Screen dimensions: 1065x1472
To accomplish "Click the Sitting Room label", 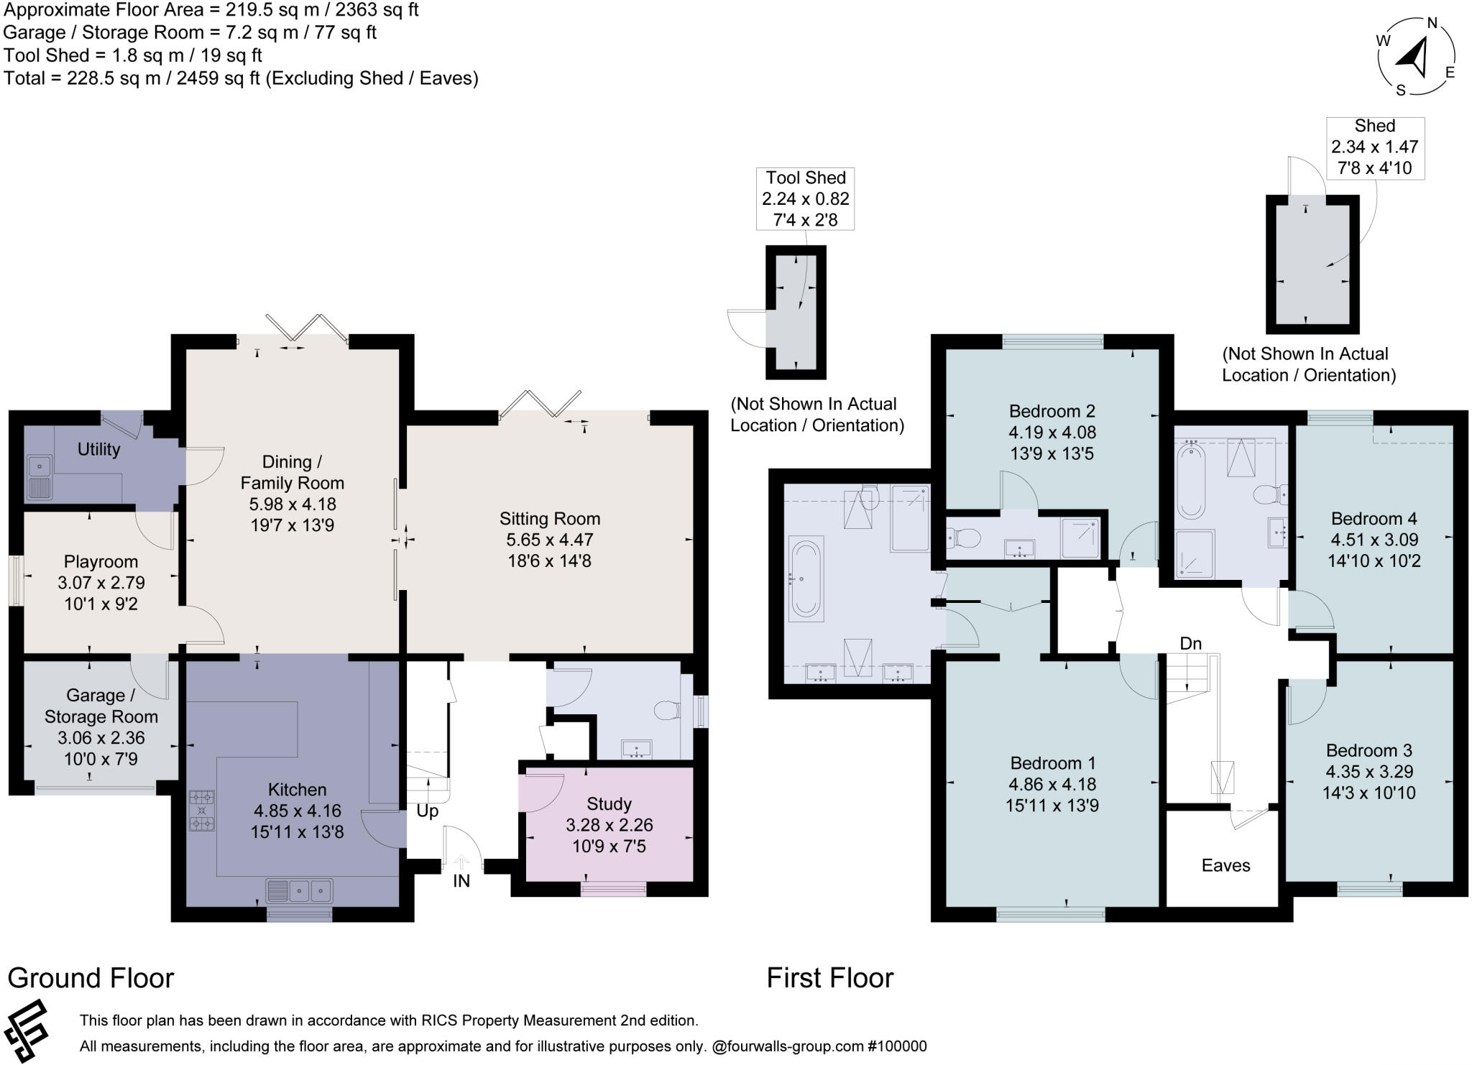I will click(x=550, y=518).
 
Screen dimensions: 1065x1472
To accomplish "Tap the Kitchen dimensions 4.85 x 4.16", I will click(x=297, y=811).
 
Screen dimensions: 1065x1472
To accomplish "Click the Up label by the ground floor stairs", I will click(x=428, y=811).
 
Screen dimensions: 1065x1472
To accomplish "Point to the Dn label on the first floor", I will click(x=1190, y=644).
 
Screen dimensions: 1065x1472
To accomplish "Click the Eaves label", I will click(x=1225, y=865).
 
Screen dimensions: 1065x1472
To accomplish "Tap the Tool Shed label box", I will click(x=805, y=199).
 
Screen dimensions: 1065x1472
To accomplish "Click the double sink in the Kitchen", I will click(x=300, y=891).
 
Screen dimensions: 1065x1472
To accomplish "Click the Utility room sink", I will click(x=38, y=477).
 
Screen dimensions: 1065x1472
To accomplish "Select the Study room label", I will click(x=609, y=803).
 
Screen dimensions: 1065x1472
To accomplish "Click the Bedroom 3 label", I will click(x=1368, y=751).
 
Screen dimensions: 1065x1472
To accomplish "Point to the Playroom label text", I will click(x=101, y=561).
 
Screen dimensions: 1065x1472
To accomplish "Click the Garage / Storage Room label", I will click(x=101, y=706).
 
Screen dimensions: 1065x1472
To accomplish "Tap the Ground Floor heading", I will click(x=91, y=978).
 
